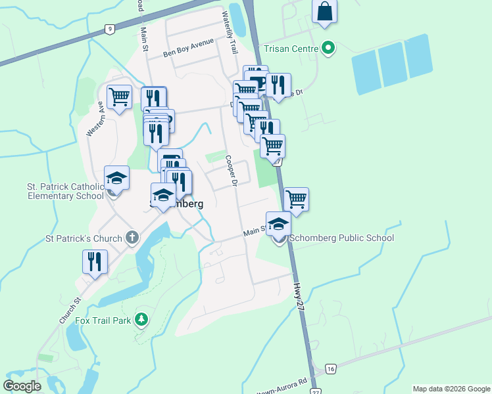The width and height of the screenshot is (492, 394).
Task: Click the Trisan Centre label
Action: (x=290, y=48)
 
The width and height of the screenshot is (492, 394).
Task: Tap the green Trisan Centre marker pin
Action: (x=328, y=48)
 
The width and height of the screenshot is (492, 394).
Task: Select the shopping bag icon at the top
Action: (x=325, y=11)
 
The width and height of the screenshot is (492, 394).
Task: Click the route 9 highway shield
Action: (x=110, y=29)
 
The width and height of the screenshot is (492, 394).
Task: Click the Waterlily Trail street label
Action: (x=230, y=32)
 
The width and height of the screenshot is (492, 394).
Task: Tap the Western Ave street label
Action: (x=95, y=120)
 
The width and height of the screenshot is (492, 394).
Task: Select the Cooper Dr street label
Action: (x=230, y=170)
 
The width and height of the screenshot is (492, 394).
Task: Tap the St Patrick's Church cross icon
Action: (x=132, y=238)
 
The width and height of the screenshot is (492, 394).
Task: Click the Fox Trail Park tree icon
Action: (x=140, y=320)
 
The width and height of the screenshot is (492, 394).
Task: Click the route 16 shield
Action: (x=330, y=368)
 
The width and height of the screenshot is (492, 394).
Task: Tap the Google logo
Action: (x=22, y=385)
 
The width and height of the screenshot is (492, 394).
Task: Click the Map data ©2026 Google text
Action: (x=451, y=389)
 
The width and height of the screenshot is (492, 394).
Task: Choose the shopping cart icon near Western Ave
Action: (x=118, y=97)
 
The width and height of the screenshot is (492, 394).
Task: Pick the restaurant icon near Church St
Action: (x=95, y=261)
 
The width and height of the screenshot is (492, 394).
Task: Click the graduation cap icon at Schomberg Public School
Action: (x=278, y=224)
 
